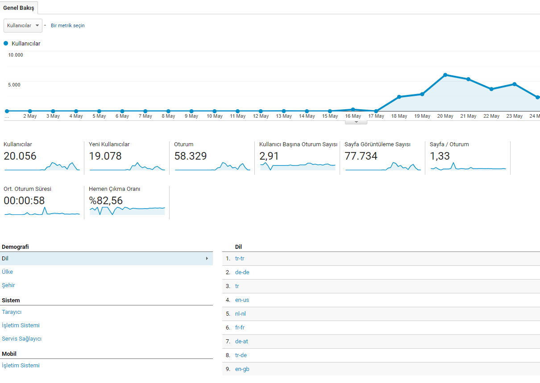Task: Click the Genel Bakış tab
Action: tap(19, 8)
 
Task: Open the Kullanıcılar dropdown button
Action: tap(23, 25)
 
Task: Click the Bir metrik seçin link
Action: tap(67, 25)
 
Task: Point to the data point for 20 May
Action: tap(445, 75)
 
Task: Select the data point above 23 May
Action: tap(515, 84)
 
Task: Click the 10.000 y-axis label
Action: tap(16, 55)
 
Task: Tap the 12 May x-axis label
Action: tap(261, 116)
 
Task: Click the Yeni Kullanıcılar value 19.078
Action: tap(105, 156)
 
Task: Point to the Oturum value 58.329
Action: tap(191, 156)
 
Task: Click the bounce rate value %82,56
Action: tap(106, 201)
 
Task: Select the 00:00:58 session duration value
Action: tap(24, 201)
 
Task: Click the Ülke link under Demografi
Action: tap(7, 272)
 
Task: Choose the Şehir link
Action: tap(8, 285)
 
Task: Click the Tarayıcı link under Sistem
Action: tap(12, 312)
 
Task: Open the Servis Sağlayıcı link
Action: tap(22, 339)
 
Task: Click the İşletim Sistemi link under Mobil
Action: tap(21, 366)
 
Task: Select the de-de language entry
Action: tap(242, 272)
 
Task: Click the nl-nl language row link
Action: tap(241, 313)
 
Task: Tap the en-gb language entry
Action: tap(242, 369)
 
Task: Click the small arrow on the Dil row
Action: tap(207, 259)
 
